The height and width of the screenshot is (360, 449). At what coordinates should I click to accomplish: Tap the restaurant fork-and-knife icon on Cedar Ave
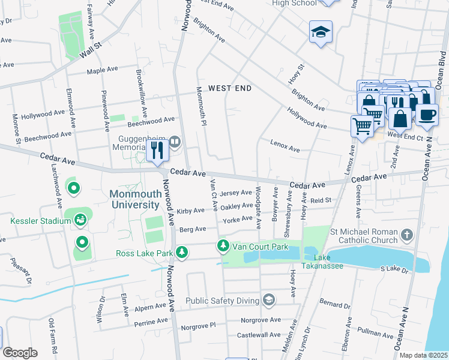pos(157,150)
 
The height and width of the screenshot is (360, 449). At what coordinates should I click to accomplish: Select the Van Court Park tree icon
pos(223,246)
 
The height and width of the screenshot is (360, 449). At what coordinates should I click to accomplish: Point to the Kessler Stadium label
pos(41,221)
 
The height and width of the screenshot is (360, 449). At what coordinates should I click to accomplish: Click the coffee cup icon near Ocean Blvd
pos(427,115)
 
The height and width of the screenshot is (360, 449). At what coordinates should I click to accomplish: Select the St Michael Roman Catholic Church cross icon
pos(407,235)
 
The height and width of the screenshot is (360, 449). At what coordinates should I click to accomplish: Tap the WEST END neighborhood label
pos(229,88)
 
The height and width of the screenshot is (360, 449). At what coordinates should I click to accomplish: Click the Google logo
pos(19,353)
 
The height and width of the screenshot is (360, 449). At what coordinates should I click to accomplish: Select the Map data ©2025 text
pos(423,355)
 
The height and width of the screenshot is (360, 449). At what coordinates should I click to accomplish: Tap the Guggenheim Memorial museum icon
pos(175,142)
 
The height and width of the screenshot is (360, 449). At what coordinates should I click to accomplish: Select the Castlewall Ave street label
pos(259,335)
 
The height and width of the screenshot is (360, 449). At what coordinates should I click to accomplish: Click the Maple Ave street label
pos(102,70)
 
